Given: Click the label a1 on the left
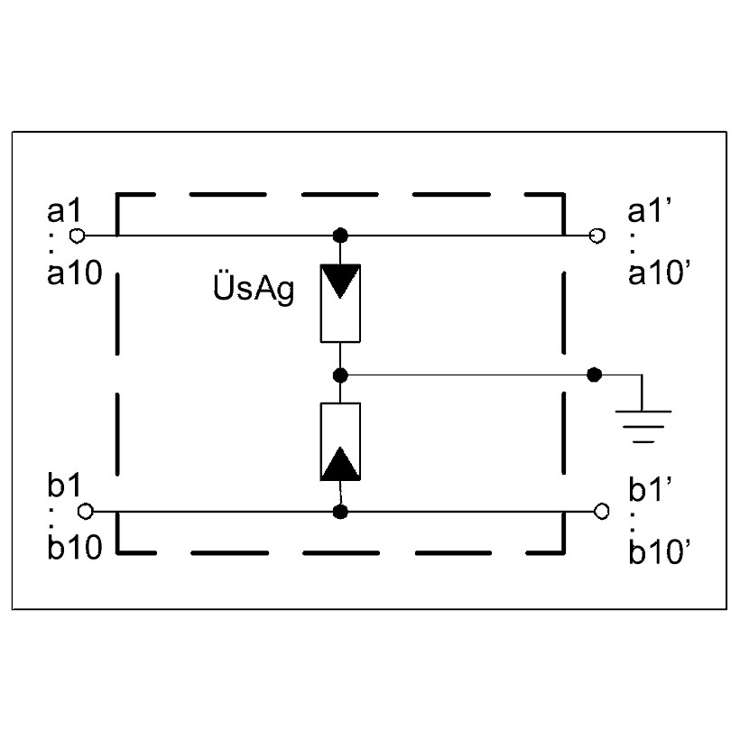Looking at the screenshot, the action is pos(64,211).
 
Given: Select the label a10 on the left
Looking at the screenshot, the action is pos(75,273).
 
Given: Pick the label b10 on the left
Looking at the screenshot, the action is pos(75,547).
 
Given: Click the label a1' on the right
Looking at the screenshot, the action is pos(650,210).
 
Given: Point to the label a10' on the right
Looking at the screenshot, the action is pos(660,273).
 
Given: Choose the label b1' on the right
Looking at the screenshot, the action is pos(651,489).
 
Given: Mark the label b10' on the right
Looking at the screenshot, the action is pos(660,551).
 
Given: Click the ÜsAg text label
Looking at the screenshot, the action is pos(254,287).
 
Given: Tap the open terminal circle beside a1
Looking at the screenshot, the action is pos(77,236).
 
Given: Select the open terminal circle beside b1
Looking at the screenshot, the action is pos(86,511).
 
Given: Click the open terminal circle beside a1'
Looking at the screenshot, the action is pos(597,235).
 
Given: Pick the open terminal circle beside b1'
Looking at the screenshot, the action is pos(601,511).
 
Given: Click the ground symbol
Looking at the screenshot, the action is pos(643,427).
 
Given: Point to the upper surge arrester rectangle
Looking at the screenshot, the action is pos(340,303).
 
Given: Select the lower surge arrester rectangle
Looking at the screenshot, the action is pos(340,441).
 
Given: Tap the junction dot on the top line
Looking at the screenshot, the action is pos(340,235).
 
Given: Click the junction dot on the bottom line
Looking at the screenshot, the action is pos(340,512).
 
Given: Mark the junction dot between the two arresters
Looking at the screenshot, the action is pos(340,375).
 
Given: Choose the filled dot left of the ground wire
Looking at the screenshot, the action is pos(594,375).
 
